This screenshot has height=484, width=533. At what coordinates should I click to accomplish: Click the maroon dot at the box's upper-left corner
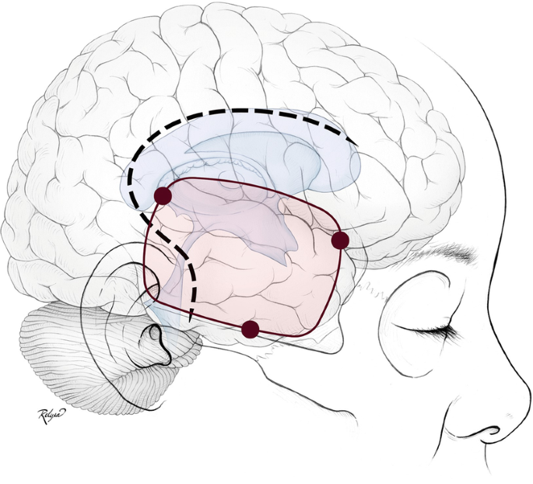coord(163,195)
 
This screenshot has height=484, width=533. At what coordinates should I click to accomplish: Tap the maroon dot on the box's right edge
coord(339,240)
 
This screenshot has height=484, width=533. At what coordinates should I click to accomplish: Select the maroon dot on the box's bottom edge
coord(250,330)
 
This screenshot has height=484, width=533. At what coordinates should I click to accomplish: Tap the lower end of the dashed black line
coord(189,320)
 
